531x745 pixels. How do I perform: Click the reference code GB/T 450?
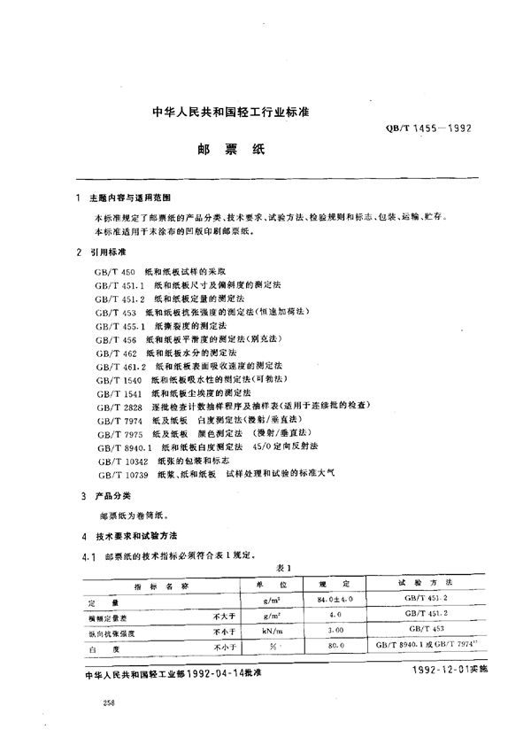111,268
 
